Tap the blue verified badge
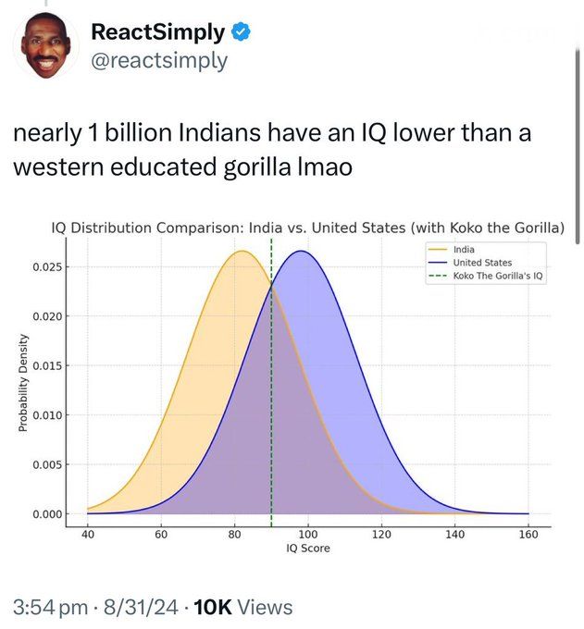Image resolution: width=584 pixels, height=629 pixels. (240, 32)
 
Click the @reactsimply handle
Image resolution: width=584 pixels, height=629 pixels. (158, 61)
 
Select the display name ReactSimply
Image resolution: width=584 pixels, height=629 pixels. (157, 32)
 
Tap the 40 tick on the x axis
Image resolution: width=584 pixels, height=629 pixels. (87, 535)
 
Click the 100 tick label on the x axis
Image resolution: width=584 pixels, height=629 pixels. (307, 535)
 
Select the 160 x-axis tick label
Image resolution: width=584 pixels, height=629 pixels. (528, 535)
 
